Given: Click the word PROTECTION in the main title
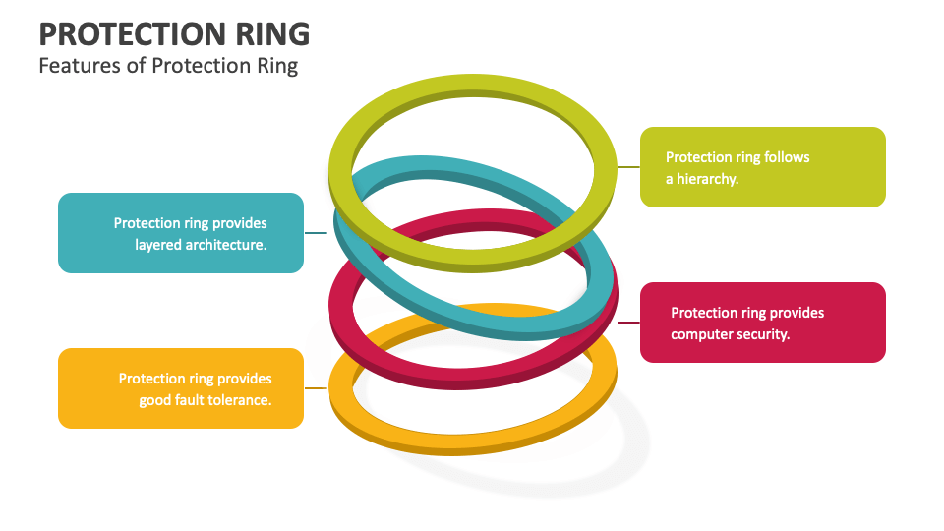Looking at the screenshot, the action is coord(133,34).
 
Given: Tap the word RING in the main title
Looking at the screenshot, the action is coord(272,34).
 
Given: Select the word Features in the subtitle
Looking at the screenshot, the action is coord(80,65).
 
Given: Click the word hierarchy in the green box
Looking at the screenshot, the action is coord(707,179).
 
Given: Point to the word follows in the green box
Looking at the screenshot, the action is coord(787,157).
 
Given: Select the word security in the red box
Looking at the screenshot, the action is coord(760,334).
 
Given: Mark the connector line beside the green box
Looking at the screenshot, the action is coord(628,167).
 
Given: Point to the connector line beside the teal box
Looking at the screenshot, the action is coord(316,233).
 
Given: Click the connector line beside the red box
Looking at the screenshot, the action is coord(628,323).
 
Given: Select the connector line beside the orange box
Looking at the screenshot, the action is coord(316,388).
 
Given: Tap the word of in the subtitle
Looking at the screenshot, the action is coord(136,65).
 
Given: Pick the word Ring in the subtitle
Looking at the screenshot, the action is coord(277,66).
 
